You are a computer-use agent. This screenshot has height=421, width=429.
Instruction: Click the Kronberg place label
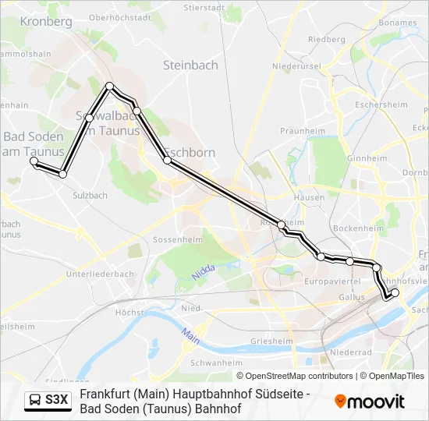[48, 22]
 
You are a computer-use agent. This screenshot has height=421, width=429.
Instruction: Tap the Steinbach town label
[190, 65]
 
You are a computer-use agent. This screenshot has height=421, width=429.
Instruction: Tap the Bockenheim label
[358, 228]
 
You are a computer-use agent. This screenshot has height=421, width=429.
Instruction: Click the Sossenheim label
[178, 239]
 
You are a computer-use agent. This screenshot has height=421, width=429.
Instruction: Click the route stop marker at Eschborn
[167, 160]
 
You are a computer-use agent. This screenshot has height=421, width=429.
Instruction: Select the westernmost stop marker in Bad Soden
[34, 161]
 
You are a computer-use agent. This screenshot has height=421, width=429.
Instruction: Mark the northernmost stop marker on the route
[110, 86]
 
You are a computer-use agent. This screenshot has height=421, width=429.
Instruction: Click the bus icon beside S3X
[35, 401]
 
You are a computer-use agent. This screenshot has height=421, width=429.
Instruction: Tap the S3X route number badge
[57, 401]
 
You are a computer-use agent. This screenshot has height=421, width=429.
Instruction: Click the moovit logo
[370, 402]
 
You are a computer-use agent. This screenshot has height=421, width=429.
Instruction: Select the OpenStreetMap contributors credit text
[295, 376]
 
